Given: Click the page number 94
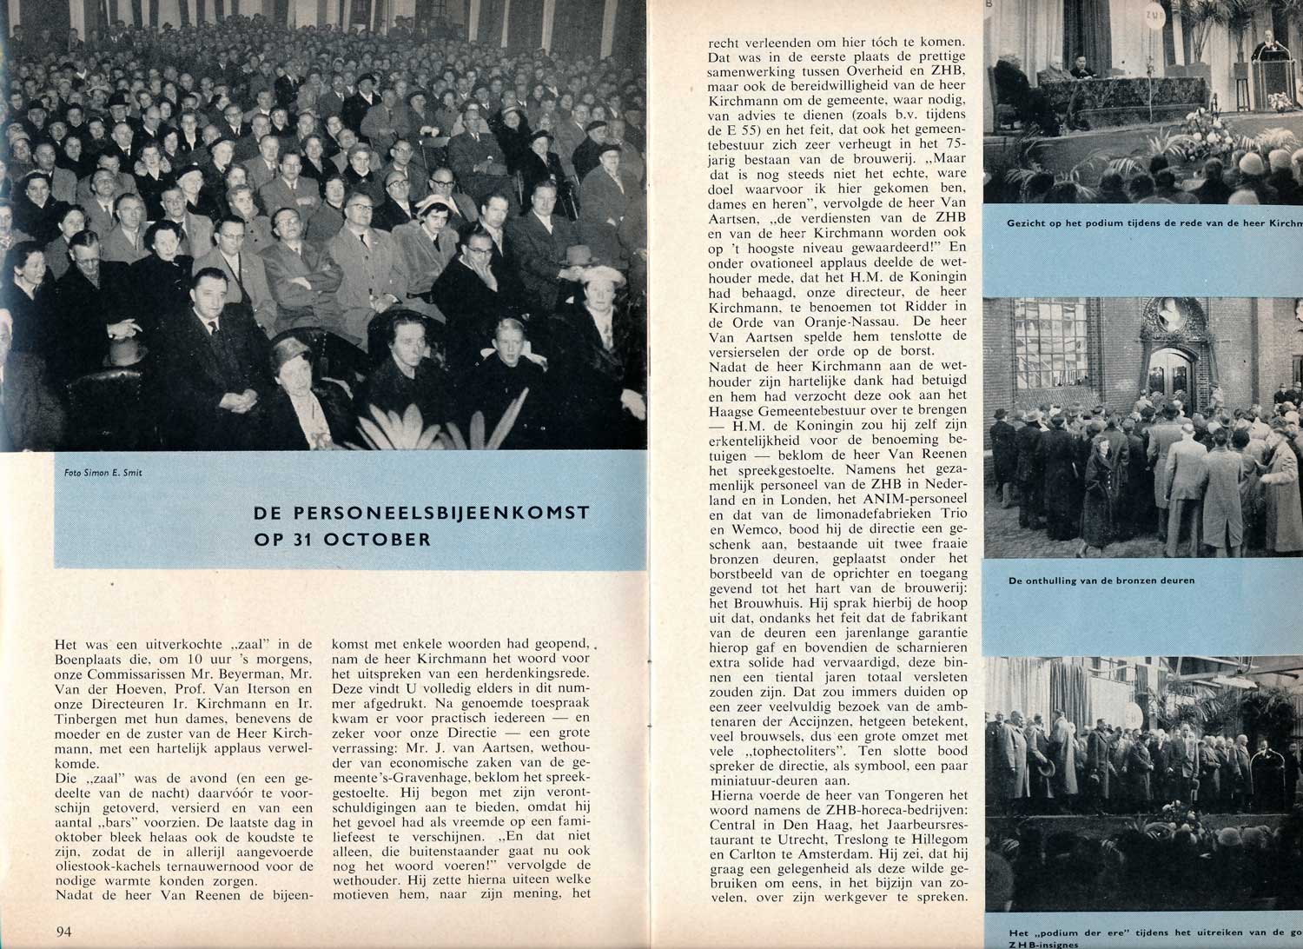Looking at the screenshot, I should click(63, 932).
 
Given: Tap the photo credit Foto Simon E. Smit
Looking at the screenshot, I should click(103, 473).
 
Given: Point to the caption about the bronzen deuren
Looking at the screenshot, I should click(1101, 580).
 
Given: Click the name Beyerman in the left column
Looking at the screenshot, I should click(249, 675).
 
